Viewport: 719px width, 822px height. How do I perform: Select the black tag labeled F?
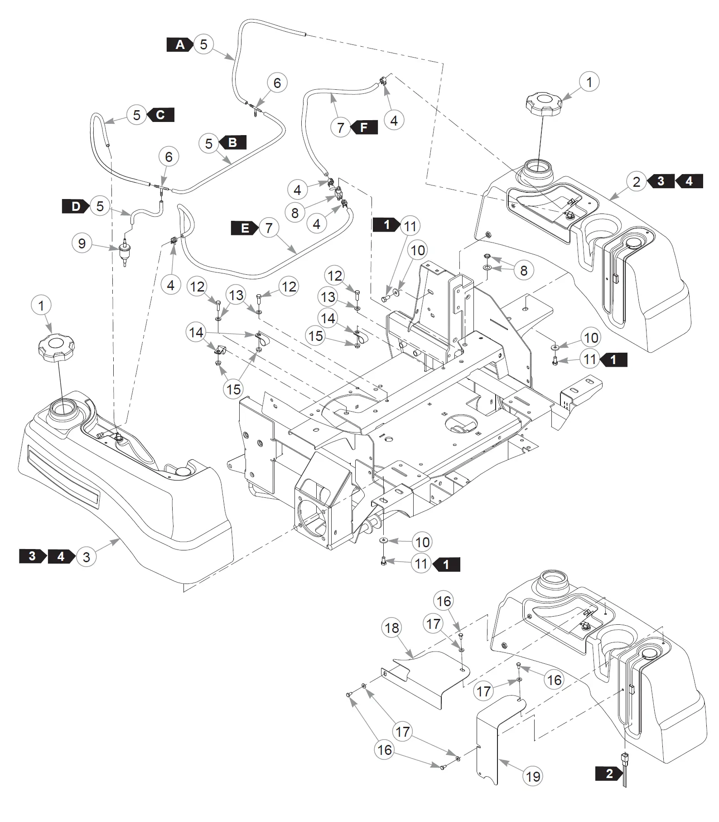click(364, 127)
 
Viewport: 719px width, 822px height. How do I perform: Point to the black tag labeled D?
click(76, 207)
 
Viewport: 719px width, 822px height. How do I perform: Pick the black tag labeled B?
click(232, 142)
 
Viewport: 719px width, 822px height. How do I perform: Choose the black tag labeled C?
click(160, 115)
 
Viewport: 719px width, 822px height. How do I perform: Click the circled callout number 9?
click(82, 244)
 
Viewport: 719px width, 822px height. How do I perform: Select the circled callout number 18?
click(392, 628)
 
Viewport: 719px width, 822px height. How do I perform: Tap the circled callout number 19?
click(533, 777)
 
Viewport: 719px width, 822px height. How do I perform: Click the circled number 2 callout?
click(637, 182)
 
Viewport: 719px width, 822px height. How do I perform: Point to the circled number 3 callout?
click(87, 557)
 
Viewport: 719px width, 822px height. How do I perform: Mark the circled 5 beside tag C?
click(136, 115)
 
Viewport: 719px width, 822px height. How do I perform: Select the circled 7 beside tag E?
click(269, 228)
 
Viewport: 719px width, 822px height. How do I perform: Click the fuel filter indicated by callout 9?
click(123, 251)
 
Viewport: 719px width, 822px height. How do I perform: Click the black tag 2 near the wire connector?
click(609, 773)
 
